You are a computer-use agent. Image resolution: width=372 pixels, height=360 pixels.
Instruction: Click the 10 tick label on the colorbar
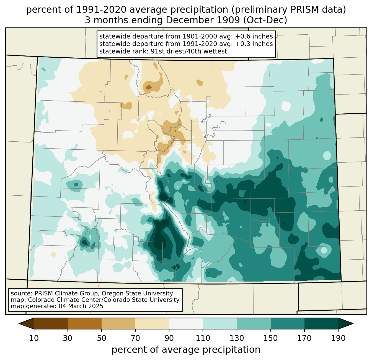pyautogui.click(x=34, y=338)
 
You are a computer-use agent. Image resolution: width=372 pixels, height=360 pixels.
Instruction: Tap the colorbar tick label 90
pyautogui.click(x=169, y=338)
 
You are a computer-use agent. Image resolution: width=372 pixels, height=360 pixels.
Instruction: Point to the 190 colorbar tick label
pyautogui.click(x=338, y=338)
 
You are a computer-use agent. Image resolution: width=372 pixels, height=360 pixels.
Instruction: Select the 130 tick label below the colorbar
pyautogui.click(x=237, y=338)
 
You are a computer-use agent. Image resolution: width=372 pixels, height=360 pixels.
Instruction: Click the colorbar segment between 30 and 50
pyautogui.click(x=84, y=323)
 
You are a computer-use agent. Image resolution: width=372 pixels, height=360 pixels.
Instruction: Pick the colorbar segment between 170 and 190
pyautogui.click(x=321, y=323)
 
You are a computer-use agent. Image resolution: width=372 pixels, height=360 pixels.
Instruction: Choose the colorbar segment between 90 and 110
pyautogui.click(x=186, y=323)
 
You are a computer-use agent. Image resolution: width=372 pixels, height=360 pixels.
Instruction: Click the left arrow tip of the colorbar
pyautogui.click(x=19, y=323)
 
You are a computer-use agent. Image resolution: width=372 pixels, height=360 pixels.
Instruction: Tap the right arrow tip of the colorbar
pyautogui.click(x=353, y=323)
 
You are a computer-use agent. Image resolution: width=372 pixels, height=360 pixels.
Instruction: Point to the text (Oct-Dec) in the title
pyautogui.click(x=265, y=20)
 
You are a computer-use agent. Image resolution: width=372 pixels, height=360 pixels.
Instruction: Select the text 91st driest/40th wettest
pyautogui.click(x=189, y=51)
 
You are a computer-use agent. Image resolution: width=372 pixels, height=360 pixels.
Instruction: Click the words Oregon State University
pyautogui.click(x=137, y=293)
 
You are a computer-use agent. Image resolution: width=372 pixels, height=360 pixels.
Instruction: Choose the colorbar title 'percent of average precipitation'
pyautogui.click(x=186, y=350)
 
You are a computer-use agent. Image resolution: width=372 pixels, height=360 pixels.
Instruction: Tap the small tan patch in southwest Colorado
pyautogui.click(x=53, y=254)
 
